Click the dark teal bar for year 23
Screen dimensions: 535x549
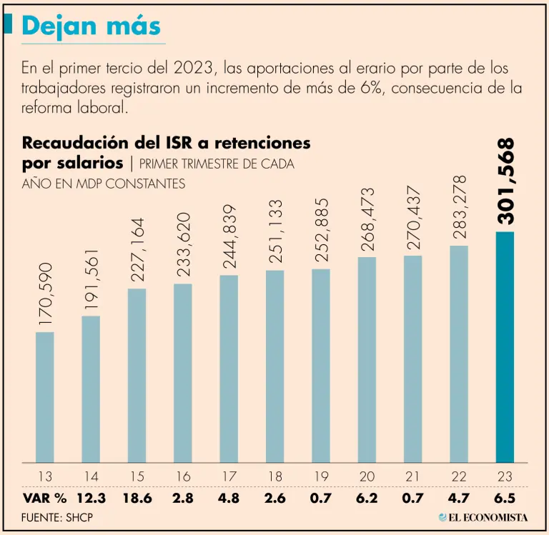[505, 347]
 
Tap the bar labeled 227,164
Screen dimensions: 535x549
[137, 376]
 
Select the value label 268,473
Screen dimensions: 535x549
[367, 220]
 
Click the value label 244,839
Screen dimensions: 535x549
[229, 238]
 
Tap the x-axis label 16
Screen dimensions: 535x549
[183, 476]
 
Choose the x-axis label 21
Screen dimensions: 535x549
[412, 476]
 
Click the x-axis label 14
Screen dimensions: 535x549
[91, 476]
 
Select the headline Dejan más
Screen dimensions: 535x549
[91, 26]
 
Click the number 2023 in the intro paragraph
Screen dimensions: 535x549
[194, 69]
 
